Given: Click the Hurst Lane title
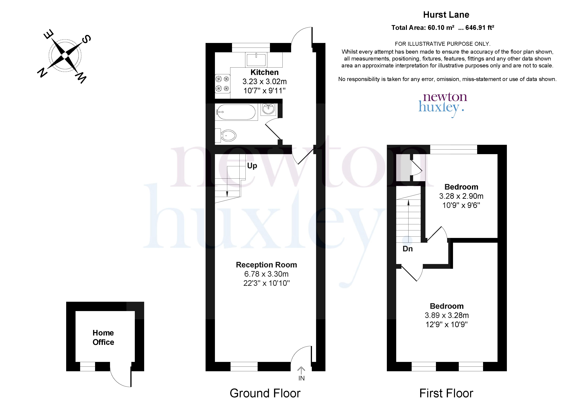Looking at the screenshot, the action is coord(446,15).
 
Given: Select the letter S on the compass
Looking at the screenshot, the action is coord(86,39).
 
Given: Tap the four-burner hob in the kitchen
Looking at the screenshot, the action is coord(222,84).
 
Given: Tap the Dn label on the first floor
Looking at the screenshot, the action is coord(408,249).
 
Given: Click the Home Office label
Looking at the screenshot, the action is coord(103,337).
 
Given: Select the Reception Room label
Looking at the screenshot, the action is coord(266,265).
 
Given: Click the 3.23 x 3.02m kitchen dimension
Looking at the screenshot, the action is coord(265,81).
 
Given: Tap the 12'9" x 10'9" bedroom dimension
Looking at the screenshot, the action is coord(447,325).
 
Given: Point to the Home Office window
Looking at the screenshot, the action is coord(88,366).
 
